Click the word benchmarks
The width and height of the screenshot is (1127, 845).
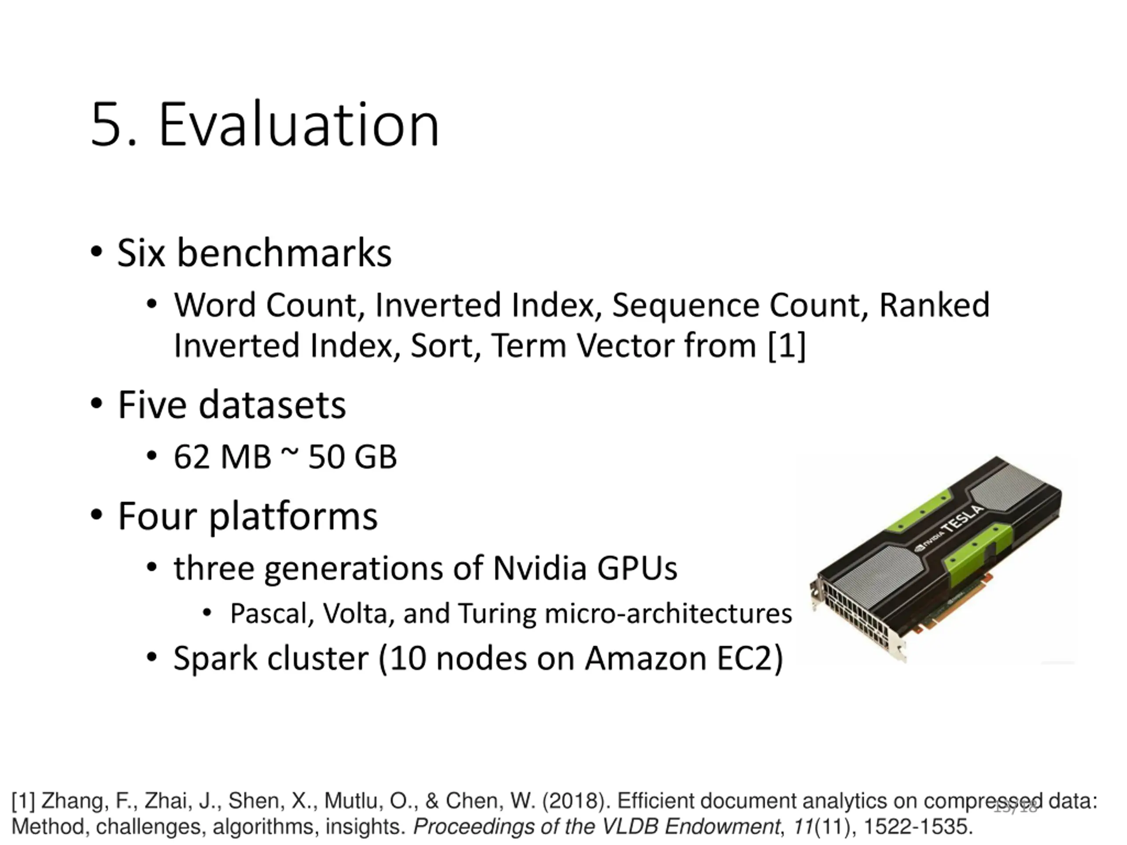(284, 253)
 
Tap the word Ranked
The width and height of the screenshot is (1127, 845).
(935, 305)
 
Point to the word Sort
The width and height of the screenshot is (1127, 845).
(441, 346)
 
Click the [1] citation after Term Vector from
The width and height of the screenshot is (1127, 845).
(787, 346)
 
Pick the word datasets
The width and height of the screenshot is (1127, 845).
(272, 405)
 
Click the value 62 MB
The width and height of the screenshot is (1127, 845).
(222, 457)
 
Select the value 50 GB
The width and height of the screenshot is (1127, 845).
(352, 457)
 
